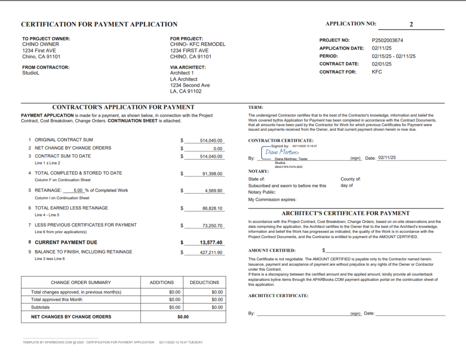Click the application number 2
(x=411, y=24)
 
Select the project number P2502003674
(x=387, y=40)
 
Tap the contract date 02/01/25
(x=381, y=64)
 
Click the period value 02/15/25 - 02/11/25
(x=393, y=56)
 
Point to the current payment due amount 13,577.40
(x=210, y=242)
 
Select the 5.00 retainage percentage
(x=78, y=190)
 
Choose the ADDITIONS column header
(x=162, y=282)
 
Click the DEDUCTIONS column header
(x=204, y=282)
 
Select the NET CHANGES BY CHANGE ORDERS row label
(x=71, y=316)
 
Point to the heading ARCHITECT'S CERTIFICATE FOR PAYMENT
(x=345, y=213)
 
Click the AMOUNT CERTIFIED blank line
(x=383, y=250)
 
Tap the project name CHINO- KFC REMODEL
(x=198, y=45)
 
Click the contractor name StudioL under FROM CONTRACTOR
(x=31, y=73)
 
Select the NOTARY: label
(x=258, y=171)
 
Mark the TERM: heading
(x=256, y=107)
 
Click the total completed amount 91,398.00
(x=212, y=173)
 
